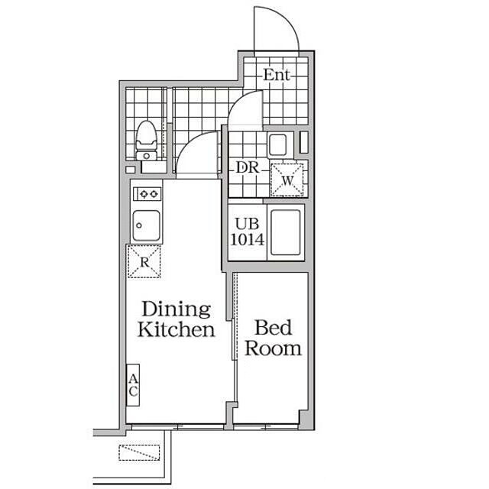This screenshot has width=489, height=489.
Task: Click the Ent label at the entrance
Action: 277,75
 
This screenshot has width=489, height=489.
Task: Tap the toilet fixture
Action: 146,141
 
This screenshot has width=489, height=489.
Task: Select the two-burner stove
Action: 147,194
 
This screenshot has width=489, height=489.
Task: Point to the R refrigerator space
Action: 144,261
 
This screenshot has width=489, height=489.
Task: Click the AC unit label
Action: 133,385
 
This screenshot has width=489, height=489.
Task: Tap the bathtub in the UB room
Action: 286,232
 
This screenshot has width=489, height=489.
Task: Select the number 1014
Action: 248,239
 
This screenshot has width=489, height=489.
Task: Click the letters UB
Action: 247,224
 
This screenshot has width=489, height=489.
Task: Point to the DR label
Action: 248,168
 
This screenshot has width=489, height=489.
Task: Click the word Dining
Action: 176,309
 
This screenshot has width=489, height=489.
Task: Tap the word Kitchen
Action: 176,329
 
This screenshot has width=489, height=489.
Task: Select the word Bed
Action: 274,328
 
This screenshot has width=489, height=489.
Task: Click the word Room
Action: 274,348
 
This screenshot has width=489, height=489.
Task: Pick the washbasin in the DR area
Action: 278,145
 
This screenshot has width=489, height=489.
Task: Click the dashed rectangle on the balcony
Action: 139,452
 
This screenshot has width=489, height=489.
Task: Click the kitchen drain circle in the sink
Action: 139,225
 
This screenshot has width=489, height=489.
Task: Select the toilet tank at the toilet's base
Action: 146,156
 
